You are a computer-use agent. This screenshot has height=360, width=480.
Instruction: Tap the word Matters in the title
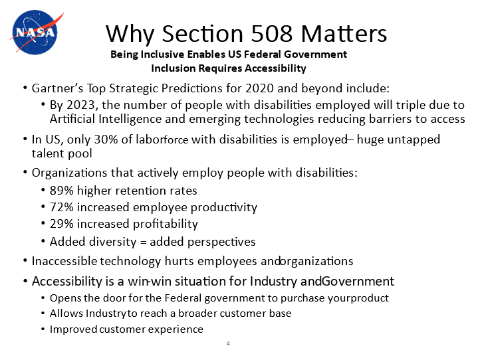pos(344,33)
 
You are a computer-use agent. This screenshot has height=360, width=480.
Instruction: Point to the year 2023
pos(81,105)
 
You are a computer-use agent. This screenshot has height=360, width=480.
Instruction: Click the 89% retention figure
pos(62,191)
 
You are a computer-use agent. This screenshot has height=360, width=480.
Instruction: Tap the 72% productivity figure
pos(62,207)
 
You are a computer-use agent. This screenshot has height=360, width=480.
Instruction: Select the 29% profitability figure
pos(62,224)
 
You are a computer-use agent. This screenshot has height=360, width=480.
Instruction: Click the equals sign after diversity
pos(143,242)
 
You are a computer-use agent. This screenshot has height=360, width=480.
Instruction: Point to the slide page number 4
pos(228,343)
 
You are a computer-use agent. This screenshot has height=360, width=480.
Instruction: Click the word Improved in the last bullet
pos(74,329)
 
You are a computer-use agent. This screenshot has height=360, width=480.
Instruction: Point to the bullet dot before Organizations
pos(25,173)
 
